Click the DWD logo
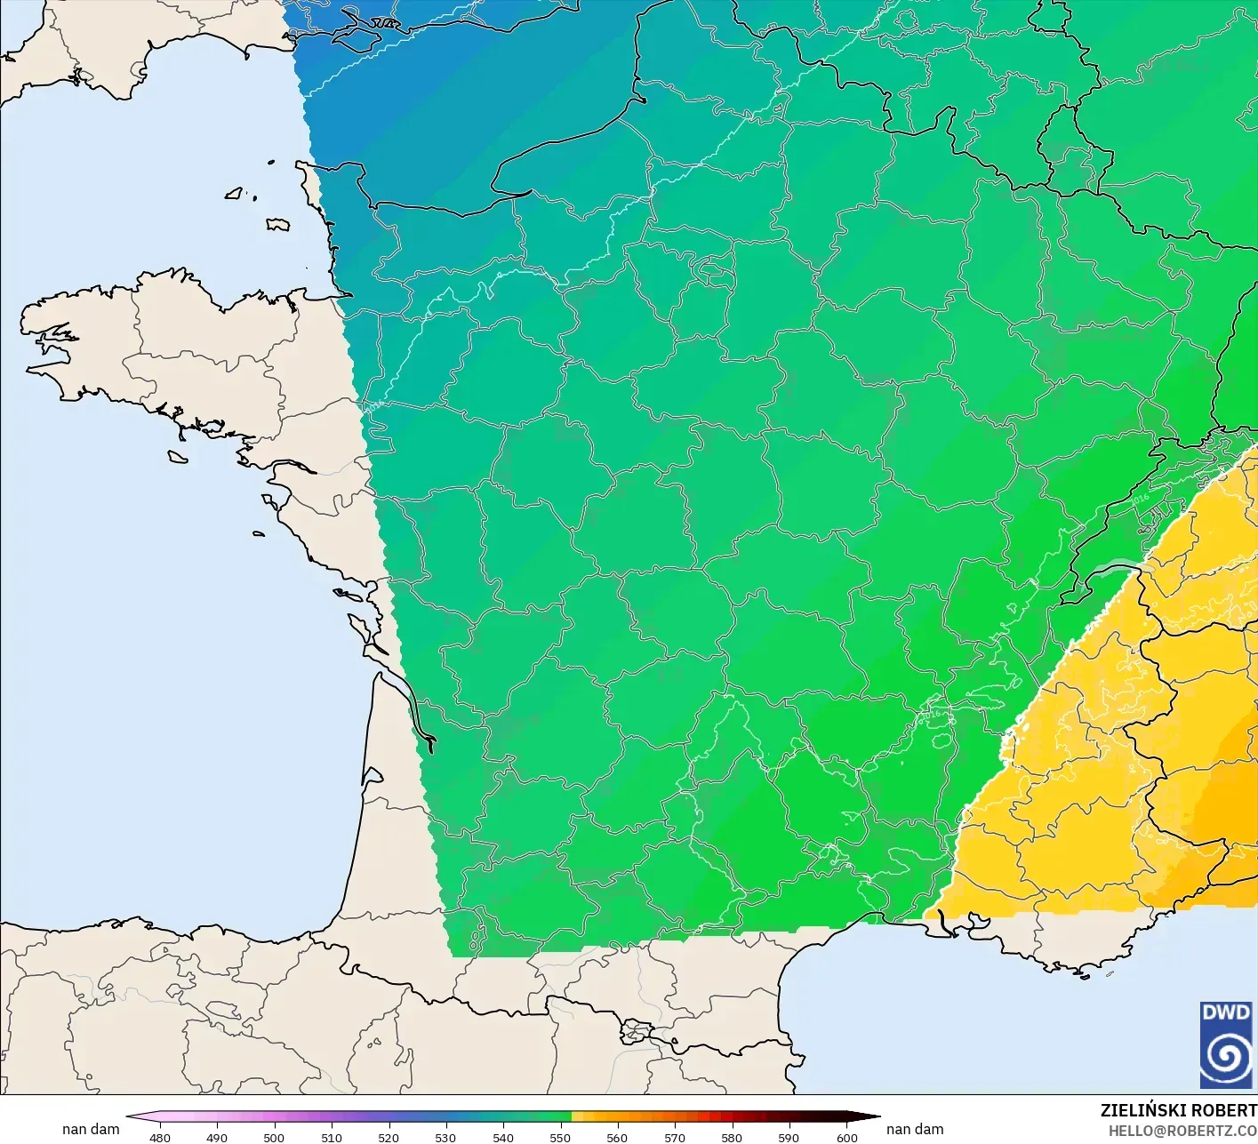(x=1226, y=1044)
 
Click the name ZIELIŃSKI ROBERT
(x=1178, y=1110)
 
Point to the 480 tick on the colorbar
(x=160, y=1137)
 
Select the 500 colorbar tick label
(x=274, y=1137)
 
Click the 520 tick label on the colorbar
(x=389, y=1137)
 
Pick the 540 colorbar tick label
(x=503, y=1137)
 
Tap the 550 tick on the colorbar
(x=560, y=1137)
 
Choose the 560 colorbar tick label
(x=617, y=1137)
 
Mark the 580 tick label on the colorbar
(x=732, y=1137)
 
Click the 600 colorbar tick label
(x=846, y=1137)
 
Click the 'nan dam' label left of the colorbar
(x=91, y=1129)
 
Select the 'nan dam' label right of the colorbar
(x=915, y=1129)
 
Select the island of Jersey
(x=278, y=224)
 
